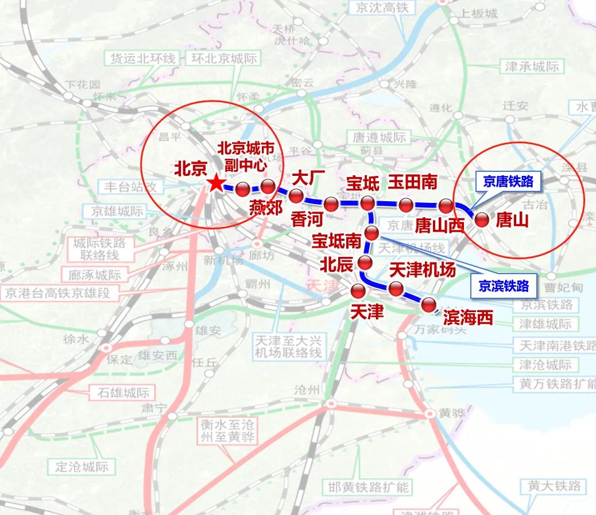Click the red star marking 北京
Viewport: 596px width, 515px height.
[215, 183]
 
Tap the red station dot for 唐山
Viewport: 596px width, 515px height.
[481, 219]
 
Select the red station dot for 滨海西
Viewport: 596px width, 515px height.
[429, 305]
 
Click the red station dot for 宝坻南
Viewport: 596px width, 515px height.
[372, 233]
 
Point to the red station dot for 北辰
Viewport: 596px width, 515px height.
[365, 263]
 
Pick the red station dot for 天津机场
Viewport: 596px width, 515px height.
[396, 289]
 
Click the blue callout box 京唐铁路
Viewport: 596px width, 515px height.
[508, 182]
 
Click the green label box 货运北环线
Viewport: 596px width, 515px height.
[142, 59]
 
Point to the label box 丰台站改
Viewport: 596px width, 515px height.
[131, 187]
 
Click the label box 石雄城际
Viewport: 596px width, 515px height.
[119, 393]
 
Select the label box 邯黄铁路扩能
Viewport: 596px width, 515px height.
[365, 487]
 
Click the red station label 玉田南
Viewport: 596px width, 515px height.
[412, 183]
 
